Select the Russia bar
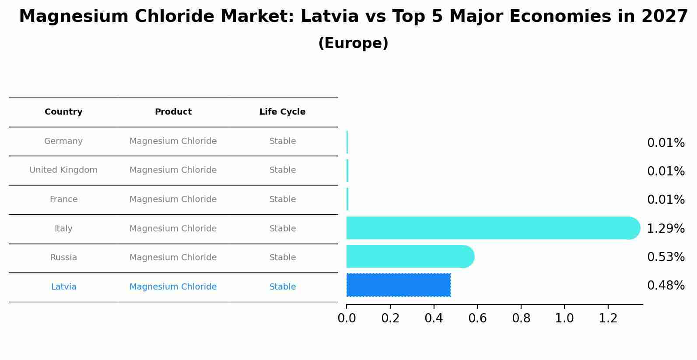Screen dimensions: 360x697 410,256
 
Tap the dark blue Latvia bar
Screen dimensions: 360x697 398,285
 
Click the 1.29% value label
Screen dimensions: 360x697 665,228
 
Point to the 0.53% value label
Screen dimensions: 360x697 665,257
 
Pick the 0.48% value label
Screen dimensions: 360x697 665,286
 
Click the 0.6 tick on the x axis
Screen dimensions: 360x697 477,318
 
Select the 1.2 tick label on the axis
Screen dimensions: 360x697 608,318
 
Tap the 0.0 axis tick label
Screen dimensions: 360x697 347,318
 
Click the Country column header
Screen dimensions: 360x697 63,112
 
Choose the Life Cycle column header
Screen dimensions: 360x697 282,112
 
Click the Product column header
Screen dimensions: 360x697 173,112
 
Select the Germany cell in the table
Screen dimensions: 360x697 63,141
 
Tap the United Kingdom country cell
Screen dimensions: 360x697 63,170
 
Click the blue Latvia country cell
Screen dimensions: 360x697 63,287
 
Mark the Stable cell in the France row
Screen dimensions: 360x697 282,199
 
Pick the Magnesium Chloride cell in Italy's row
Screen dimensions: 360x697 173,229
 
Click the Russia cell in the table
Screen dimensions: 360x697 63,258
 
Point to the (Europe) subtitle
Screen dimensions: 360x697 353,43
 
